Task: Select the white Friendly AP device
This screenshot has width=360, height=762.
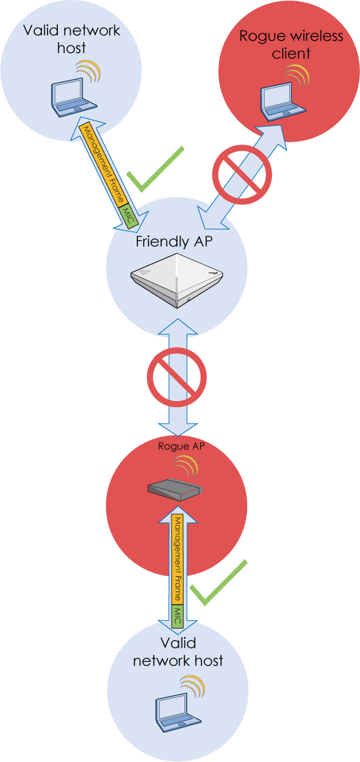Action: pyautogui.click(x=178, y=282)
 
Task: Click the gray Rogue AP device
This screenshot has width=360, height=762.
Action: pyautogui.click(x=175, y=491)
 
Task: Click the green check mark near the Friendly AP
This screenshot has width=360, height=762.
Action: pyautogui.click(x=155, y=168)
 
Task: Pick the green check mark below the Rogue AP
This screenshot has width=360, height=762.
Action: pyautogui.click(x=218, y=583)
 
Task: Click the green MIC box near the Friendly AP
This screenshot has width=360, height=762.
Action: pyautogui.click(x=129, y=216)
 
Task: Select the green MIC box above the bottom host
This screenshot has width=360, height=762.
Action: pyautogui.click(x=178, y=617)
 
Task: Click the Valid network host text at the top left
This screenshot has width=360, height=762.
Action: pyautogui.click(x=71, y=39)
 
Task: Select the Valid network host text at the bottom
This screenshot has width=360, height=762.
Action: pyautogui.click(x=178, y=651)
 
